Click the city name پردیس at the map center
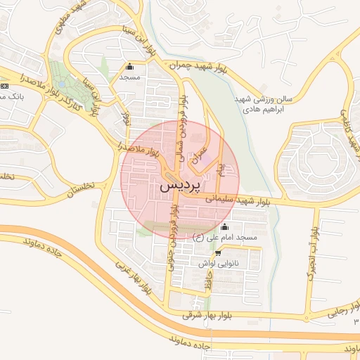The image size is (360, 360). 180,186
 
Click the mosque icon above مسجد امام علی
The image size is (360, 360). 224,226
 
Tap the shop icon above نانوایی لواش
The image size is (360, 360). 217,252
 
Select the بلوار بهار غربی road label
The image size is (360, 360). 134,279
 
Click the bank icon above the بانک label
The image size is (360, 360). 4,84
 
